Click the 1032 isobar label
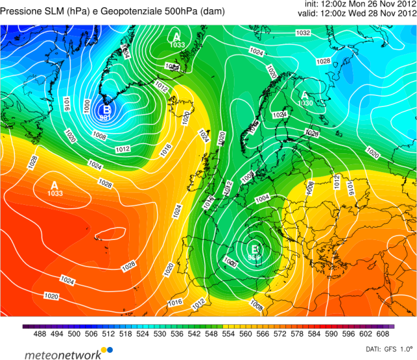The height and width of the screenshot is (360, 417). tap(303, 33)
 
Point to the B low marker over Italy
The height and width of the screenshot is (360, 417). tap(255, 248)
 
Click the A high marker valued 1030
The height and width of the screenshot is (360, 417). tap(305, 95)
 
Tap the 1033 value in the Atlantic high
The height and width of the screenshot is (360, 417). tap(55, 194)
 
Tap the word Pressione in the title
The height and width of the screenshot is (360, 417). tap(26, 11)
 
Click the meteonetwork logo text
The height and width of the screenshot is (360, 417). tap(63, 354)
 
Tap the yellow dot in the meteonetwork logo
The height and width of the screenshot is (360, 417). tap(108, 350)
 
